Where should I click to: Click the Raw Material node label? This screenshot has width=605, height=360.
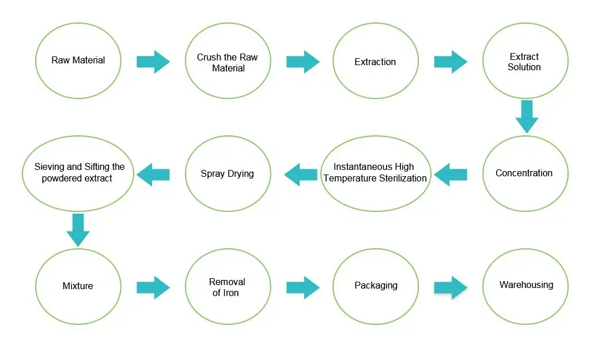point(78,60)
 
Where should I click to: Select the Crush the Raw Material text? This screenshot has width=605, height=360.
point(228,63)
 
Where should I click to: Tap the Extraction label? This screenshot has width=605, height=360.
point(375,62)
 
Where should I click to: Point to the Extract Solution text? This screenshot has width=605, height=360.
point(524,62)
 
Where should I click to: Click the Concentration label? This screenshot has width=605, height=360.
point(524,173)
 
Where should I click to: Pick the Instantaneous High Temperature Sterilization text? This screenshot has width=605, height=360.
point(375,173)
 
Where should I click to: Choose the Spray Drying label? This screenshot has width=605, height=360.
point(227,173)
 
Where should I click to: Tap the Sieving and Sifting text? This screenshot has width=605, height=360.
point(80,172)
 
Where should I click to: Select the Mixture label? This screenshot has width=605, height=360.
point(78,286)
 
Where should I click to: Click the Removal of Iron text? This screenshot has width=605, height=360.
point(227,287)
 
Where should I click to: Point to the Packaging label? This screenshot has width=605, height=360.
point(376,285)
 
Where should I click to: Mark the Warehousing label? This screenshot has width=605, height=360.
point(526,285)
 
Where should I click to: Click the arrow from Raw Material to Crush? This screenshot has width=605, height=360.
point(153,62)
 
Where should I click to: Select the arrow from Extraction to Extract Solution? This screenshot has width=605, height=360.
point(451,62)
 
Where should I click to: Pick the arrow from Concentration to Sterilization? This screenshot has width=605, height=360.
point(451,174)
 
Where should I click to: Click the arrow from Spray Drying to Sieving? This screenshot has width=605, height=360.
point(153,174)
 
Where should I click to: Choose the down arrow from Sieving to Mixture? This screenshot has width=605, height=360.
point(78,230)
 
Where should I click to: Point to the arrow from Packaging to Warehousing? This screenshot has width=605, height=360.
point(451,287)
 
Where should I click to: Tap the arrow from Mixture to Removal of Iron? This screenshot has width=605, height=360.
point(153,287)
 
